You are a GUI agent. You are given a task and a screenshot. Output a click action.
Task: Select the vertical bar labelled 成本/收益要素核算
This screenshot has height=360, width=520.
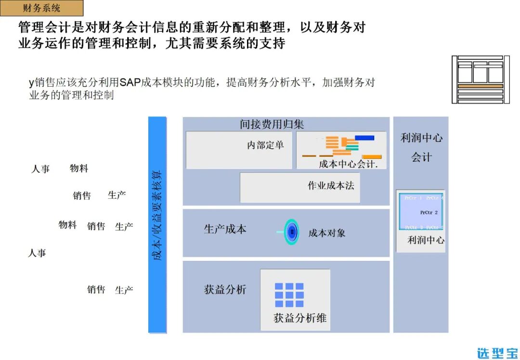tap(157, 224)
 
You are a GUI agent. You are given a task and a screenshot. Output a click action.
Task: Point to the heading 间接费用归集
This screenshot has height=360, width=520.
tap(272, 124)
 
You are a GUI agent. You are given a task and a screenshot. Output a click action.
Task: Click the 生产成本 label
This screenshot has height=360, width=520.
tap(225, 229)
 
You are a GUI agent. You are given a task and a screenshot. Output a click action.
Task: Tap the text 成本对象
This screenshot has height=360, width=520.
tap(327, 233)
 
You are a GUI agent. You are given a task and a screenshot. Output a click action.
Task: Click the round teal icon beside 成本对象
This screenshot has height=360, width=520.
tap(291, 232)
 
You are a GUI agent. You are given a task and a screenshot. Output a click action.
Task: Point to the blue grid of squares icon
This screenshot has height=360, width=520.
tap(289, 295)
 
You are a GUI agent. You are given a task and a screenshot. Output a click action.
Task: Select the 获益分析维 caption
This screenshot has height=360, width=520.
tap(300, 318)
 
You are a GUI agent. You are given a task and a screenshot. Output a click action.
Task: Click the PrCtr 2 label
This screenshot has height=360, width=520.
tap(429, 212)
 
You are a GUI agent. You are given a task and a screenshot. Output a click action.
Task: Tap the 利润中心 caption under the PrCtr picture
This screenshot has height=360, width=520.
tap(426, 240)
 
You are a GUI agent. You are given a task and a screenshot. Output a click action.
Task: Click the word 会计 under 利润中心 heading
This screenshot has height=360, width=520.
tap(421, 157)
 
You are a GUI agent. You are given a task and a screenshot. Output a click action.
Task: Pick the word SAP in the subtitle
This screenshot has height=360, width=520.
tap(130, 82)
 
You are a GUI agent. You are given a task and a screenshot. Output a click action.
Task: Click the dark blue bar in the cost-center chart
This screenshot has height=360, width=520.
tap(364, 138)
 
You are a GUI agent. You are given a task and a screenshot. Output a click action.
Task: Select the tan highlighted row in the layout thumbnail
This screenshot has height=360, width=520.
tap(480, 86)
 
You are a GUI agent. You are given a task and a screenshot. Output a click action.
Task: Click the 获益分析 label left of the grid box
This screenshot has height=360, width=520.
tap(225, 289)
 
